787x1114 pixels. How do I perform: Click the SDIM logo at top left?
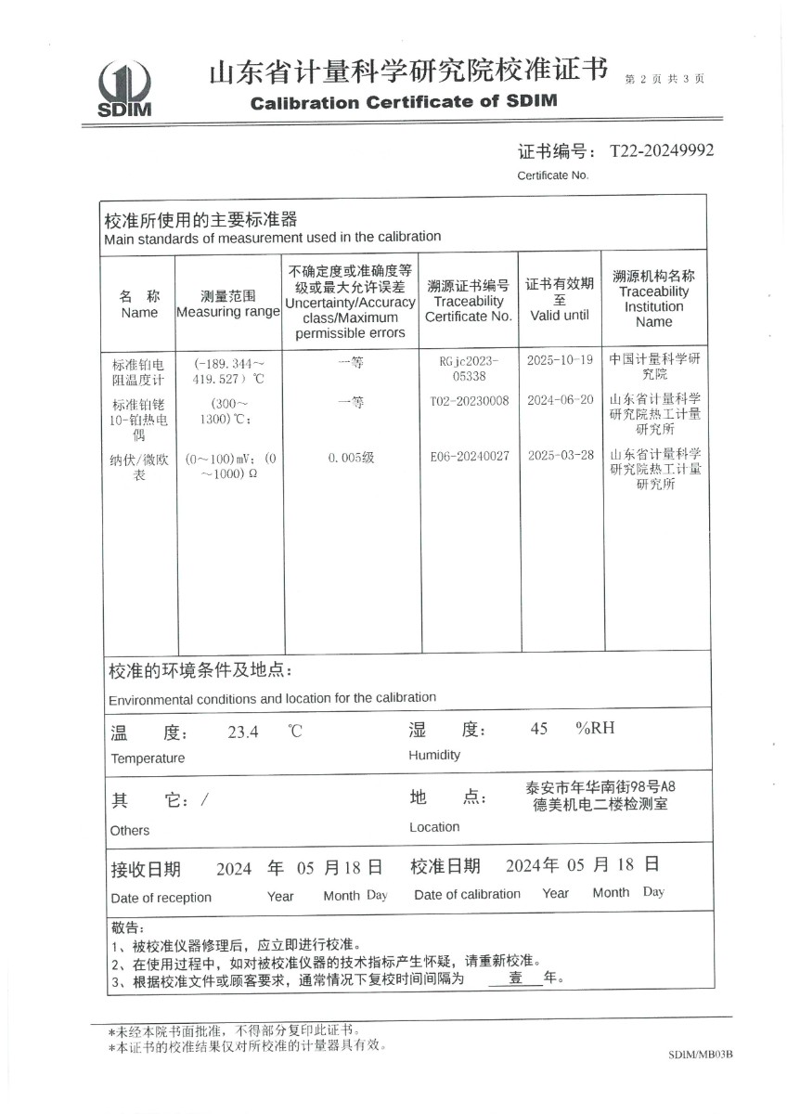[123, 89]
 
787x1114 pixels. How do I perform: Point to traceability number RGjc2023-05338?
[470, 369]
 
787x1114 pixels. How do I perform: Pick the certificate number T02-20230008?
[470, 400]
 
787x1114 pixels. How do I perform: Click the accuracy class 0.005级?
[351, 457]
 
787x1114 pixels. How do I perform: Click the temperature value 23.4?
[243, 732]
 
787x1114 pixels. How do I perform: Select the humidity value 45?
[539, 729]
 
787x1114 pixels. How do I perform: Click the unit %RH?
[595, 728]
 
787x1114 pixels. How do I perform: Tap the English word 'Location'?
[434, 827]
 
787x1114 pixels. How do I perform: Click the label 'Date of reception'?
[161, 898]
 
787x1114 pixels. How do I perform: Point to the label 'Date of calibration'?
[467, 894]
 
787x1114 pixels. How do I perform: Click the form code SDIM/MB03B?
[700, 1056]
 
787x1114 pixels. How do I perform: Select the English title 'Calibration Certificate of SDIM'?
[404, 102]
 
